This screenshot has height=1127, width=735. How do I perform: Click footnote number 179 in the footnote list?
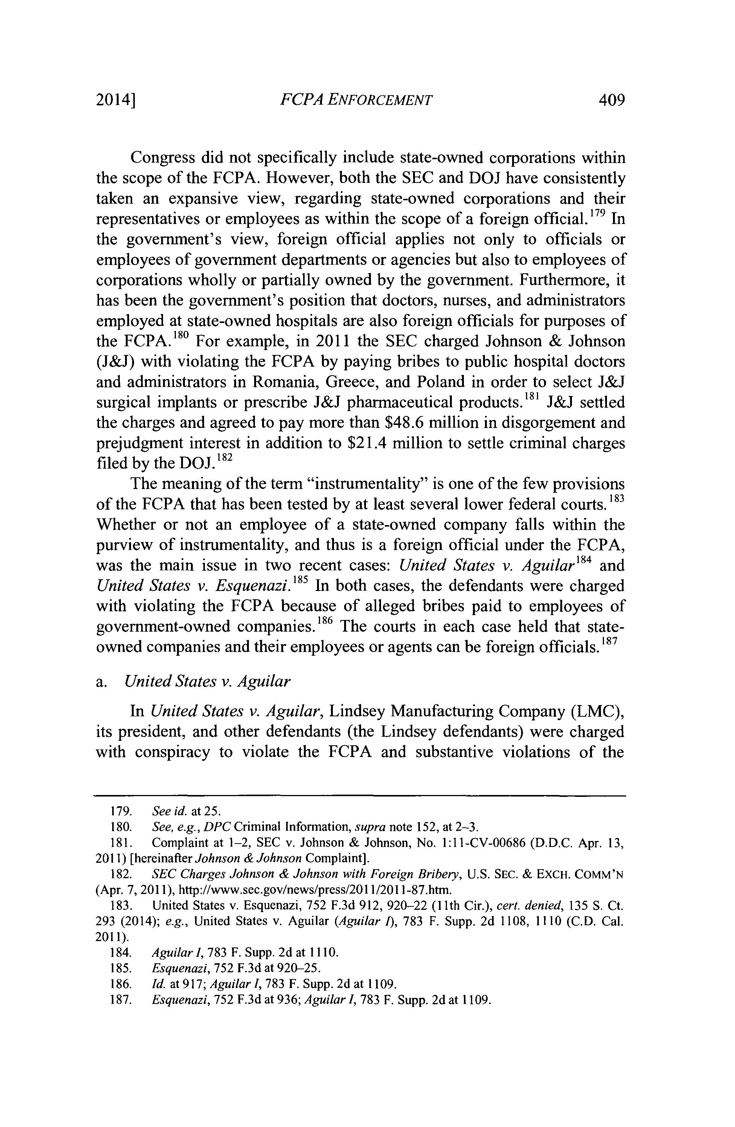click(x=120, y=811)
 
